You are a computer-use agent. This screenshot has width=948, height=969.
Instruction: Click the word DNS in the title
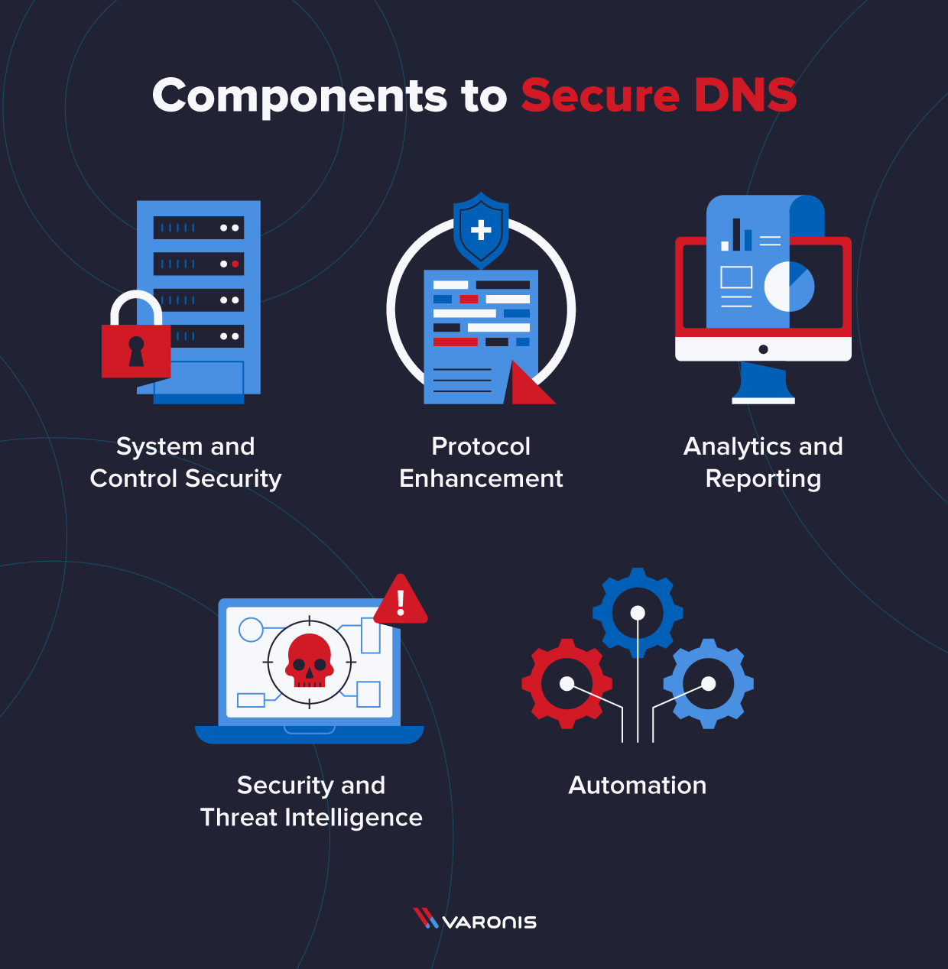pos(745,96)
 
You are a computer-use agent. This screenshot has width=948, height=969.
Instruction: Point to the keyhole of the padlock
pos(136,351)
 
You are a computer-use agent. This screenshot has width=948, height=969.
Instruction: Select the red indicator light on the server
pos(235,264)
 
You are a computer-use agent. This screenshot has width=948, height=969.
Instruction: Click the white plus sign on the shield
pos(481,229)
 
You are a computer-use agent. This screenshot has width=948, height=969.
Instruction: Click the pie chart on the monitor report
pos(789,287)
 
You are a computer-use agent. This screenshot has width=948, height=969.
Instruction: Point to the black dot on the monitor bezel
pos(763,349)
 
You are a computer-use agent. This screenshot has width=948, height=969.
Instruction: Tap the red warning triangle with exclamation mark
pos(401,601)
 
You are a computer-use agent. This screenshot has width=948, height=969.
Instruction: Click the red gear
pos(567,683)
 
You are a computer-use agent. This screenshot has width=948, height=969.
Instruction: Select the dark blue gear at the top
pos(638,612)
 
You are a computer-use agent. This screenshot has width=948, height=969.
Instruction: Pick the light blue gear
pos(709,683)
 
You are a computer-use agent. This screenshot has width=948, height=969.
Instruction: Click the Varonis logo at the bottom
pos(475,920)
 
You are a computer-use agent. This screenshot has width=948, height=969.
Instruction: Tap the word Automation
pos(638,785)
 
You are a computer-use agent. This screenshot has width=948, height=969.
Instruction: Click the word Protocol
pos(481,446)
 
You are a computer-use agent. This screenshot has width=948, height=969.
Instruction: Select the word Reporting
pos(763,479)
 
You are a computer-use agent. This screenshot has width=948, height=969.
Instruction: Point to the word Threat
pos(239,818)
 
